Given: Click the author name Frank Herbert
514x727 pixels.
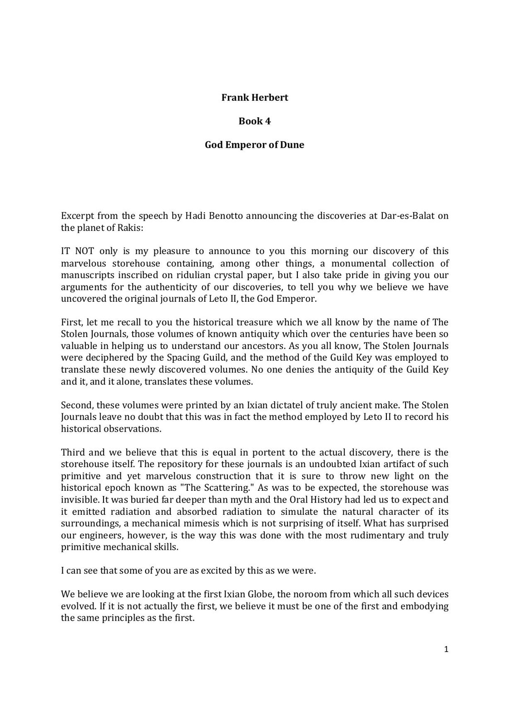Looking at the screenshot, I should coord(254,97).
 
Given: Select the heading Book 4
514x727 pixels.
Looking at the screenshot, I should coord(254,121).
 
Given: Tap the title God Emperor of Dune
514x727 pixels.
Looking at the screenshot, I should coord(254,145).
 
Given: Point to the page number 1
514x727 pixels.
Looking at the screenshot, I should coord(446,649).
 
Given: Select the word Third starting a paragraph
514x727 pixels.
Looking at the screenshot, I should coord(73,452).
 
